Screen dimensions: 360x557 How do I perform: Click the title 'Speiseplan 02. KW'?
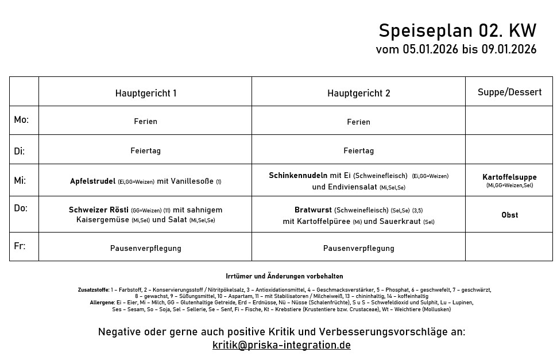pyautogui.click(x=457, y=30)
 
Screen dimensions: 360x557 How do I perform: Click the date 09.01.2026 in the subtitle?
pyautogui.click(x=509, y=49)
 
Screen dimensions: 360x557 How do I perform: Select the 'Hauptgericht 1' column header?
pyautogui.click(x=146, y=93)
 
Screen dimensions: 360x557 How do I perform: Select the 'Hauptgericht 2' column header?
pyautogui.click(x=359, y=93)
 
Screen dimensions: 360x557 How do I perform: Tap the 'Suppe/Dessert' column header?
pyautogui.click(x=509, y=92)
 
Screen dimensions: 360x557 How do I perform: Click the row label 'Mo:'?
pyautogui.click(x=21, y=120)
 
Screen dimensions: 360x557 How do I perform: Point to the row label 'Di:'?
pyautogui.click(x=20, y=151)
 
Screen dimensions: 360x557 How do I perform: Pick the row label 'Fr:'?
pyautogui.click(x=20, y=246)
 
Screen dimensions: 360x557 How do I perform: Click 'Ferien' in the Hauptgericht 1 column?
pyautogui.click(x=145, y=121)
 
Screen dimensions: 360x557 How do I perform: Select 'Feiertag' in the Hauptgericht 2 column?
pyautogui.click(x=358, y=150)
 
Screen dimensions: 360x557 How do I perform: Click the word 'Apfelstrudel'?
pyautogui.click(x=93, y=181)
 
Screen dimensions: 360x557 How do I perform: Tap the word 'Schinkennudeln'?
pyautogui.click(x=298, y=175)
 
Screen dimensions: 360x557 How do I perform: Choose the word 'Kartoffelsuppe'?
pyautogui.click(x=509, y=177)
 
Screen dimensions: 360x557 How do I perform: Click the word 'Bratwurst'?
pyautogui.click(x=313, y=210)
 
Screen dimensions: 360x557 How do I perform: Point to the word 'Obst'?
pyautogui.click(x=509, y=215)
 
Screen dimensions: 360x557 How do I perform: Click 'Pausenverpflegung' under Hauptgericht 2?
pyautogui.click(x=358, y=248)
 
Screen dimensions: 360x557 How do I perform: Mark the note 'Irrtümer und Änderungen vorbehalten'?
pyautogui.click(x=284, y=276)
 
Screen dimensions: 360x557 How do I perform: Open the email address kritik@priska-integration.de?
pyautogui.click(x=281, y=345)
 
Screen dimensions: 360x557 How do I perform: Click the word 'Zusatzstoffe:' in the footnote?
pyautogui.click(x=94, y=290)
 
